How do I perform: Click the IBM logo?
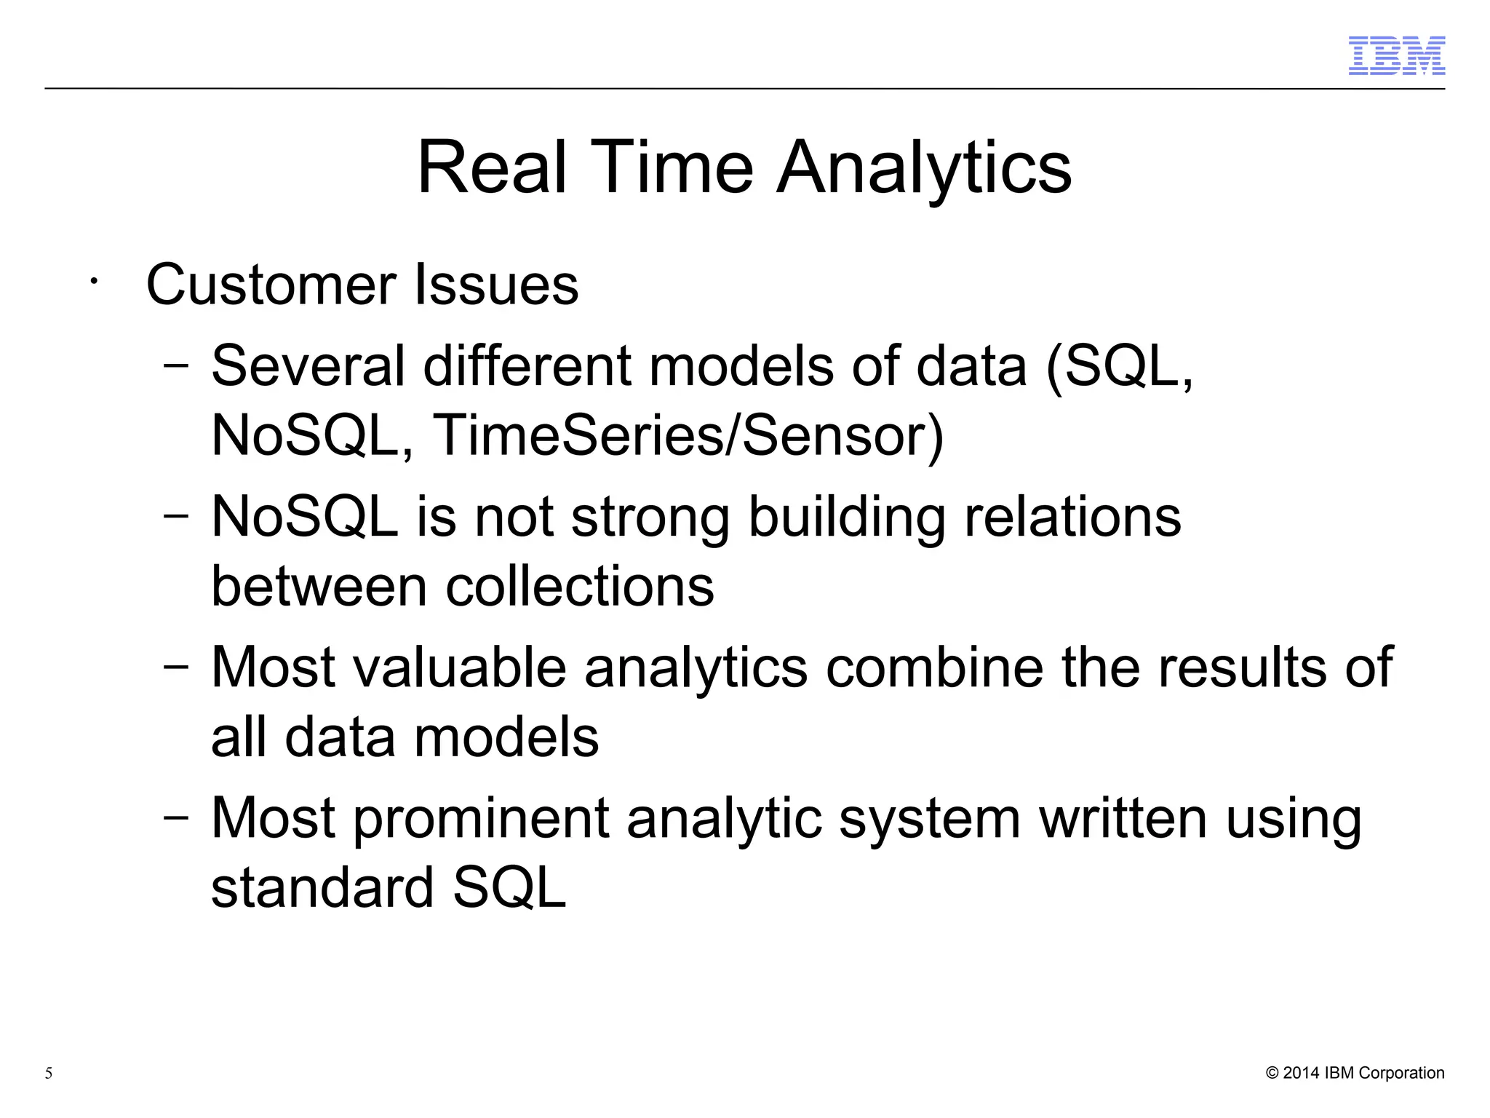pyautogui.click(x=1396, y=56)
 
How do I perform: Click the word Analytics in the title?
pyautogui.click(x=924, y=168)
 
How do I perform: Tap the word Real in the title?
pyautogui.click(x=491, y=168)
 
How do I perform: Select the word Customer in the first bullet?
pyautogui.click(x=271, y=285)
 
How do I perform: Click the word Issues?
pyautogui.click(x=496, y=285)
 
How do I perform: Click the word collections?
pyautogui.click(x=580, y=587)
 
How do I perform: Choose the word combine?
pyautogui.click(x=934, y=667)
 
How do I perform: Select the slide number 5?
pyautogui.click(x=49, y=1073)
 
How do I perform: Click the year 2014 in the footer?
pyautogui.click(x=1301, y=1073)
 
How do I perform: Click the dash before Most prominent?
pyautogui.click(x=176, y=817)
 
